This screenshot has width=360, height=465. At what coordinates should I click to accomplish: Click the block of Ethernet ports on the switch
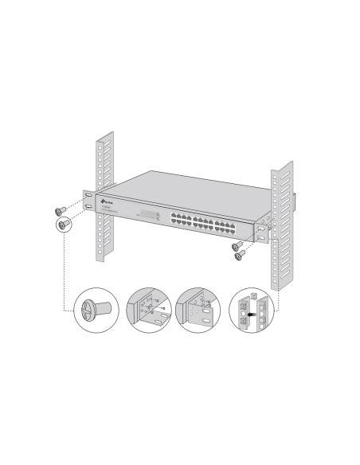[x=195, y=220]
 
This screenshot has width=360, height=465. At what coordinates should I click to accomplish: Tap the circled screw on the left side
[x=62, y=225]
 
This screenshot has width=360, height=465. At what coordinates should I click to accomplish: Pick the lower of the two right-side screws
[x=237, y=255]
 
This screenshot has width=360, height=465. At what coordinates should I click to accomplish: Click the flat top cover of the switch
[x=183, y=188]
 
